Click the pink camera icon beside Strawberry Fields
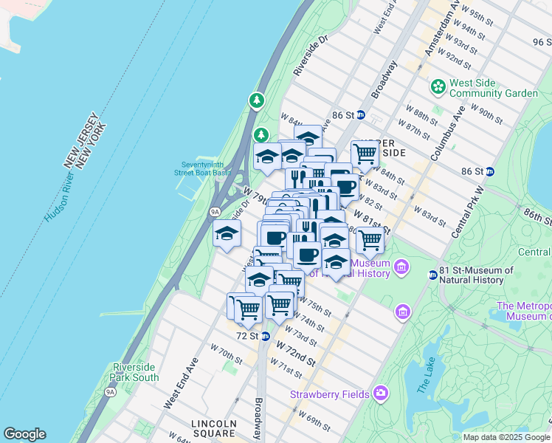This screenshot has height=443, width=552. [x=381, y=392]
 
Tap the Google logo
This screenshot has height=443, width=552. [x=24, y=434]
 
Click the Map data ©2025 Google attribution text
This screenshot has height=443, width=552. [x=506, y=437]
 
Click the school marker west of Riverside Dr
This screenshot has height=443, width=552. [x=227, y=234]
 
